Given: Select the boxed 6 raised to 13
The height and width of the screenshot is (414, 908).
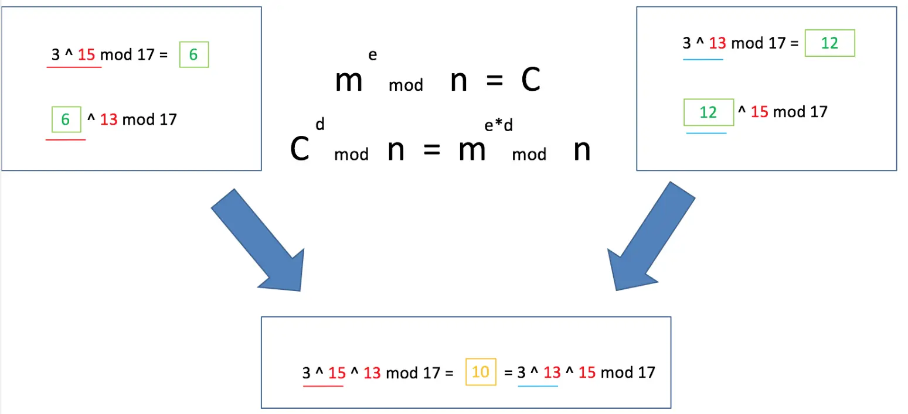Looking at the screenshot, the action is pyautogui.click(x=66, y=119).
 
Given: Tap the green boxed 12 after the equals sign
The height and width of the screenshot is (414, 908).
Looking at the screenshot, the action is pyautogui.click(x=829, y=43).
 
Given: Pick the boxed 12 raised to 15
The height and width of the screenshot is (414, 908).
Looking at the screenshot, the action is pyautogui.click(x=709, y=112).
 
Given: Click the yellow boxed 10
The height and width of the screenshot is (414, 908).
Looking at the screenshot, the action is pyautogui.click(x=480, y=372).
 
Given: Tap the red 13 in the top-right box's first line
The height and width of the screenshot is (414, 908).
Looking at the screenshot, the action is pyautogui.click(x=717, y=43).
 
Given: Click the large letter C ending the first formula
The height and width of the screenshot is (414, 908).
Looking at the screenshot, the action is pyautogui.click(x=530, y=82).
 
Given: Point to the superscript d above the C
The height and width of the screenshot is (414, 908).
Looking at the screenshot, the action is pyautogui.click(x=319, y=124).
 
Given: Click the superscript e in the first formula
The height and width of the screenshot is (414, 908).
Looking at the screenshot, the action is pyautogui.click(x=372, y=56).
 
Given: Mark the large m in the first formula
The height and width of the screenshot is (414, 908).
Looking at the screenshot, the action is pyautogui.click(x=349, y=82).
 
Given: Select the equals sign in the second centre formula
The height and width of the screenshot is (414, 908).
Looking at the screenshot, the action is pyautogui.click(x=431, y=152).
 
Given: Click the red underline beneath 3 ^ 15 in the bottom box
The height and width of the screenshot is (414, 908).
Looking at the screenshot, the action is pyautogui.click(x=323, y=386).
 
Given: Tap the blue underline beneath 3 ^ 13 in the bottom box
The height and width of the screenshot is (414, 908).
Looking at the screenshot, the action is pyautogui.click(x=538, y=386).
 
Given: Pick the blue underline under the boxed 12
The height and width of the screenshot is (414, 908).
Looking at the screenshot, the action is pyautogui.click(x=706, y=133).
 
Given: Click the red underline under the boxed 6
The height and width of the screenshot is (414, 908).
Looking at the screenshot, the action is pyautogui.click(x=66, y=139).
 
